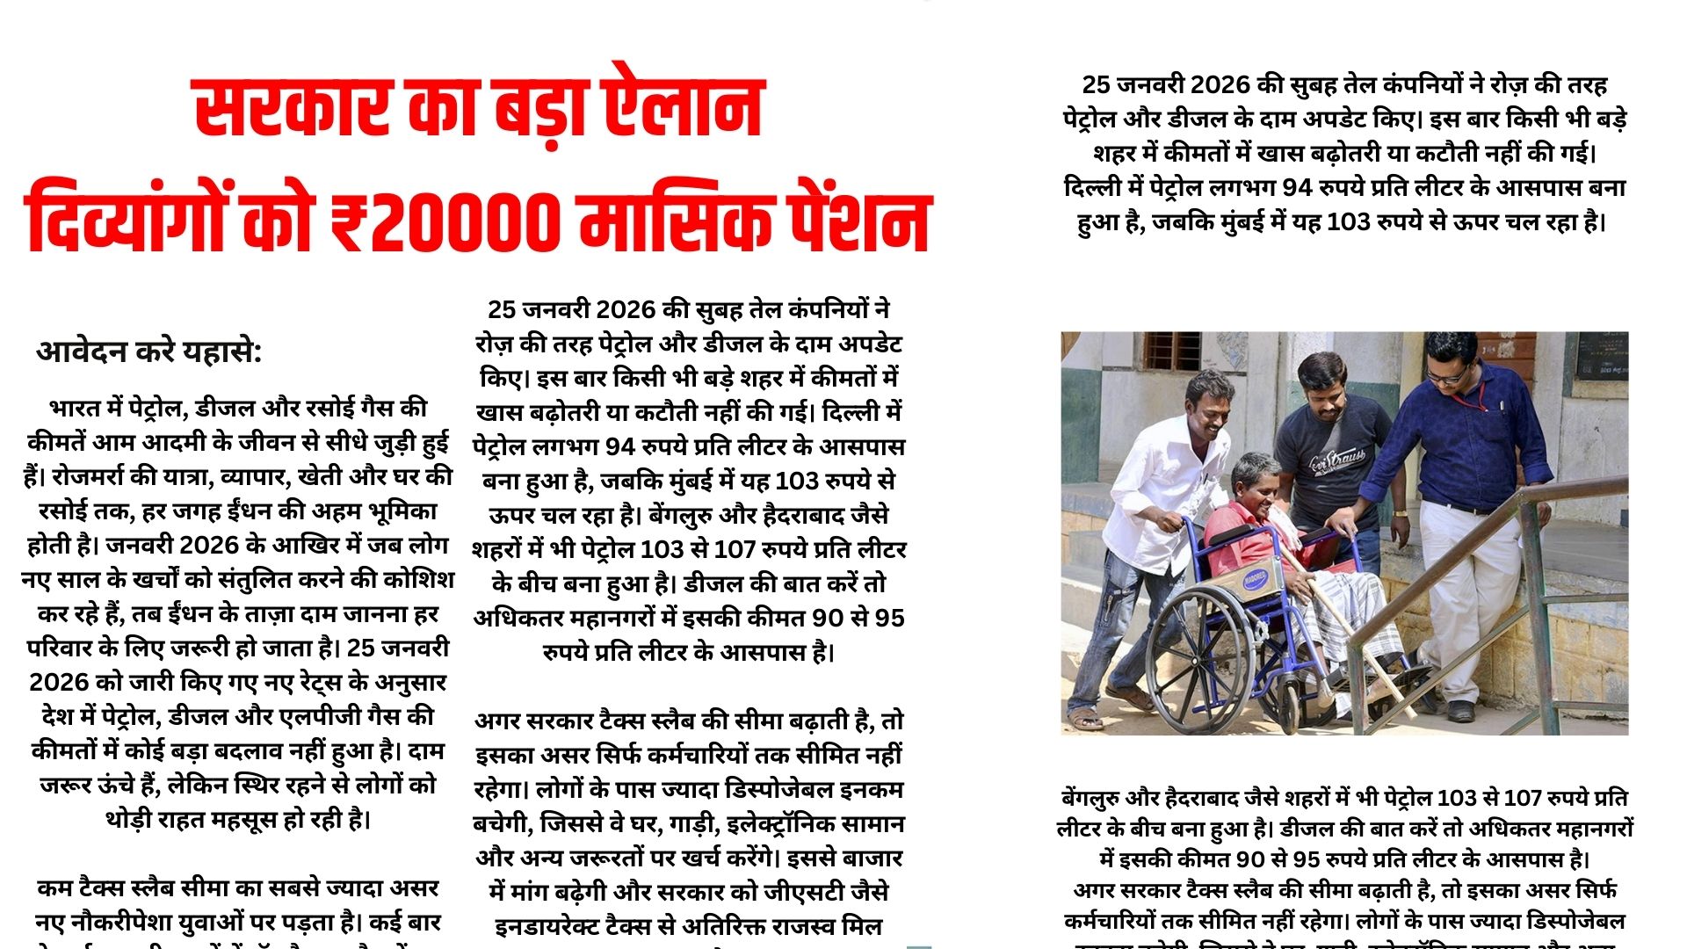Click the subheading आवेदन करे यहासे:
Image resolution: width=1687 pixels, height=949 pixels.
[x=149, y=351]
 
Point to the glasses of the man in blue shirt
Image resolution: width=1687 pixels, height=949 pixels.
[x=1446, y=374]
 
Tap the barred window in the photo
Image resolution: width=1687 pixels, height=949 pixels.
[x=1173, y=351]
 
